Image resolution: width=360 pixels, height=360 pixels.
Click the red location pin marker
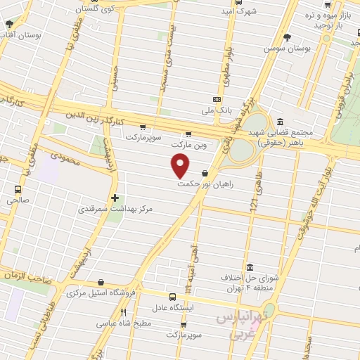(x=181, y=165)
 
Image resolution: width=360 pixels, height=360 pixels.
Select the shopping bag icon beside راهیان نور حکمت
(x=205, y=173)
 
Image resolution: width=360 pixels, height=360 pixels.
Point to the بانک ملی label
(x=216, y=110)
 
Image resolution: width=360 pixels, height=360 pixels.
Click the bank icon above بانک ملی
(x=216, y=98)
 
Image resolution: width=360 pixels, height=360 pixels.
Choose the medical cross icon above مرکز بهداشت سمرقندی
(x=115, y=198)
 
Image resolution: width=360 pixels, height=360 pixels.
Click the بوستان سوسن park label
(x=285, y=49)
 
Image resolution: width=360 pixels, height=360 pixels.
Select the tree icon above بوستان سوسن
(x=285, y=37)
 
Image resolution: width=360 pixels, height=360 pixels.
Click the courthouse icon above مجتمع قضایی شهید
(x=281, y=121)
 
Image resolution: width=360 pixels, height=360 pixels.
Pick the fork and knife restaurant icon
(x=124, y=312)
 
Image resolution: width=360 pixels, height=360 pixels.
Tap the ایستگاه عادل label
(x=179, y=308)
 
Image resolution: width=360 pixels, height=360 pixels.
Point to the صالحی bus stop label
(x=18, y=200)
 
